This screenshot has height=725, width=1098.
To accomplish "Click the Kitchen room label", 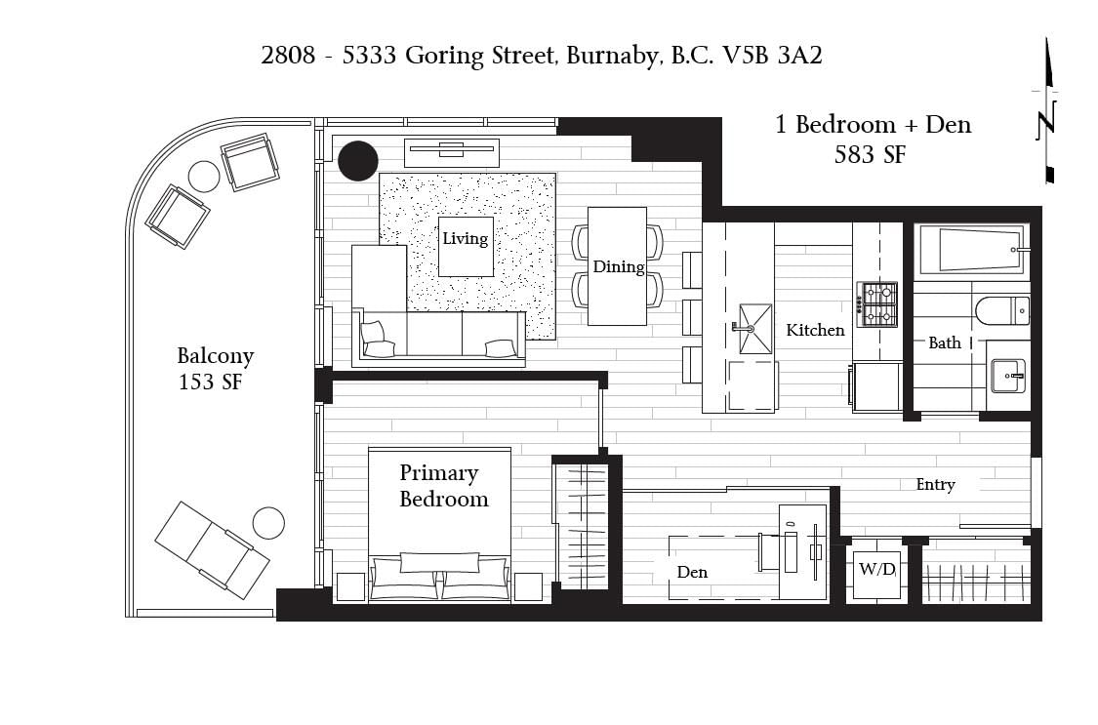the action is pos(815,330).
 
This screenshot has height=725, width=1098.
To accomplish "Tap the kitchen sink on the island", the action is pos(754,329).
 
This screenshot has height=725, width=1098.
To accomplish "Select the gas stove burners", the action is pos(877,304).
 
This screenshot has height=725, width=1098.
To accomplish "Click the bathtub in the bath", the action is pos(972,249).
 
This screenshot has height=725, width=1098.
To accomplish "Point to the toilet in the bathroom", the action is pos(1002,310).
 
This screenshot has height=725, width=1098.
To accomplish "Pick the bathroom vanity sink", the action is pos(1008,376).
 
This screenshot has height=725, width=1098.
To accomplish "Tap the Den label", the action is pos(692,573).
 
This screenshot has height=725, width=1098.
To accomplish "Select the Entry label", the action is pos(936,484).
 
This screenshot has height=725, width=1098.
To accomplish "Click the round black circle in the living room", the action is pos(358,161).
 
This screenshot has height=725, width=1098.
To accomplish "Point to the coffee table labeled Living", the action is pos(466,246).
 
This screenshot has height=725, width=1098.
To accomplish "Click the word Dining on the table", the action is pos(619,266).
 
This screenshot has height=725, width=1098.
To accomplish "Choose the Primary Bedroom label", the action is pos(443,486).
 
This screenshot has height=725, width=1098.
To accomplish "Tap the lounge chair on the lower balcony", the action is pos(212,549).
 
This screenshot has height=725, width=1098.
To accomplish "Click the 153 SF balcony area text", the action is pos(210,383).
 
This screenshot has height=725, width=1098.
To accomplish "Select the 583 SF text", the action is pos(870,154).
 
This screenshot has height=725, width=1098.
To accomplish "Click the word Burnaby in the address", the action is pos(614,56).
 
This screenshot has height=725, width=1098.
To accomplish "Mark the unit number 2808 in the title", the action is pos(288,55).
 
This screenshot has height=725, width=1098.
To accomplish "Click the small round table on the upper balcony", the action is pos(204,177).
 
